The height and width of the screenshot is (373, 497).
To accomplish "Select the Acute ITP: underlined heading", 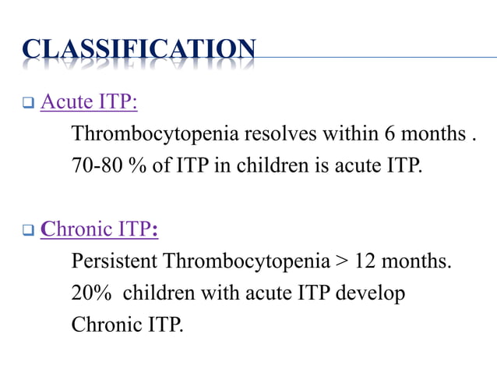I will pos(88,103).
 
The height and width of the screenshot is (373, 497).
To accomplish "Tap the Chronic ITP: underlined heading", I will pos(99,231).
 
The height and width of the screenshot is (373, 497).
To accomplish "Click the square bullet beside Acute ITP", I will pos(27,104).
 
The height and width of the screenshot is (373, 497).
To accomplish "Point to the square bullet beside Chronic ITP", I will pos(27,232).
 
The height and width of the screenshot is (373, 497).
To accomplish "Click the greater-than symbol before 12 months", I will pos(343,261).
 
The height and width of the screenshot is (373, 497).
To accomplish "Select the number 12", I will pos(365,261).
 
